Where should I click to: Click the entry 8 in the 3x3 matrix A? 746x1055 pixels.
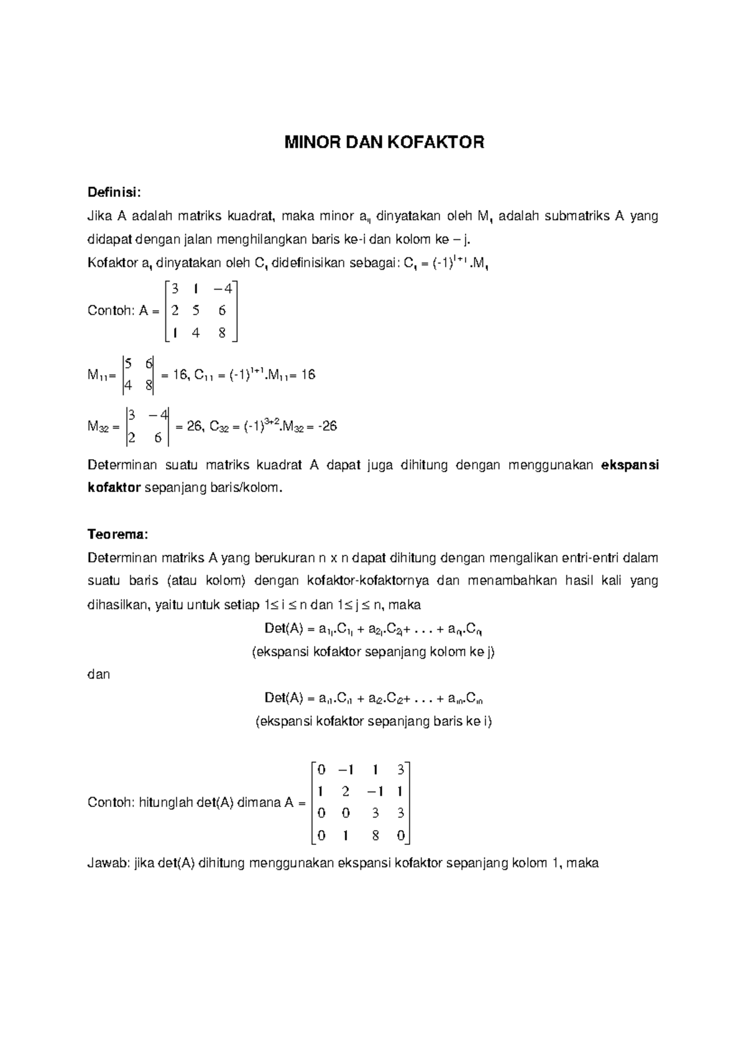click(x=222, y=332)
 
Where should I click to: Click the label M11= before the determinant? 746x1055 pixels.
click(x=102, y=375)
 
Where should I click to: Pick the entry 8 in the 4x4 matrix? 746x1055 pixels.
click(x=375, y=836)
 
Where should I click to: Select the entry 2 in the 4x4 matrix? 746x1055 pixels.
click(x=345, y=792)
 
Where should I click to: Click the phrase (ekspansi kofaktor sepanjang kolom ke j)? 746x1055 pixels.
click(x=373, y=652)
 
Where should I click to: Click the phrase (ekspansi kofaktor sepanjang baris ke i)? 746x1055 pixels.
click(x=374, y=721)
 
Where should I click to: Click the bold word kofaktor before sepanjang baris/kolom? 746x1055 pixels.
click(x=114, y=488)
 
